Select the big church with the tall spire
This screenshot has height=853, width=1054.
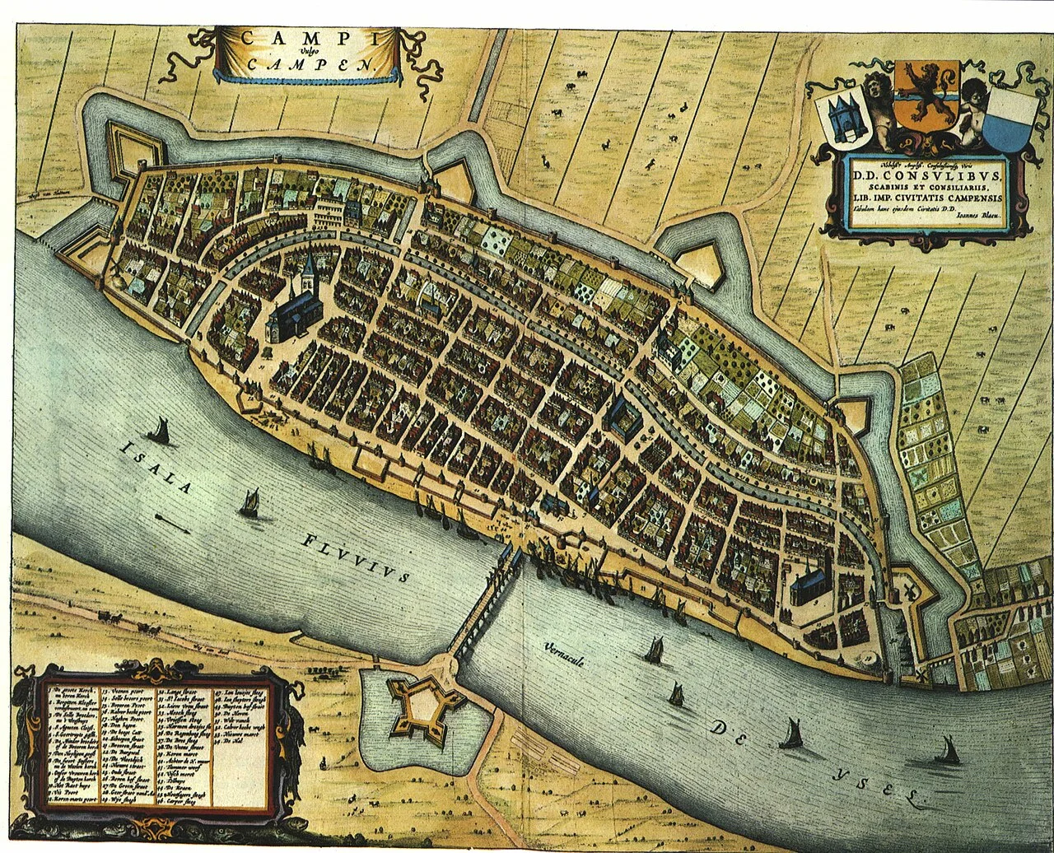tap(296, 305)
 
